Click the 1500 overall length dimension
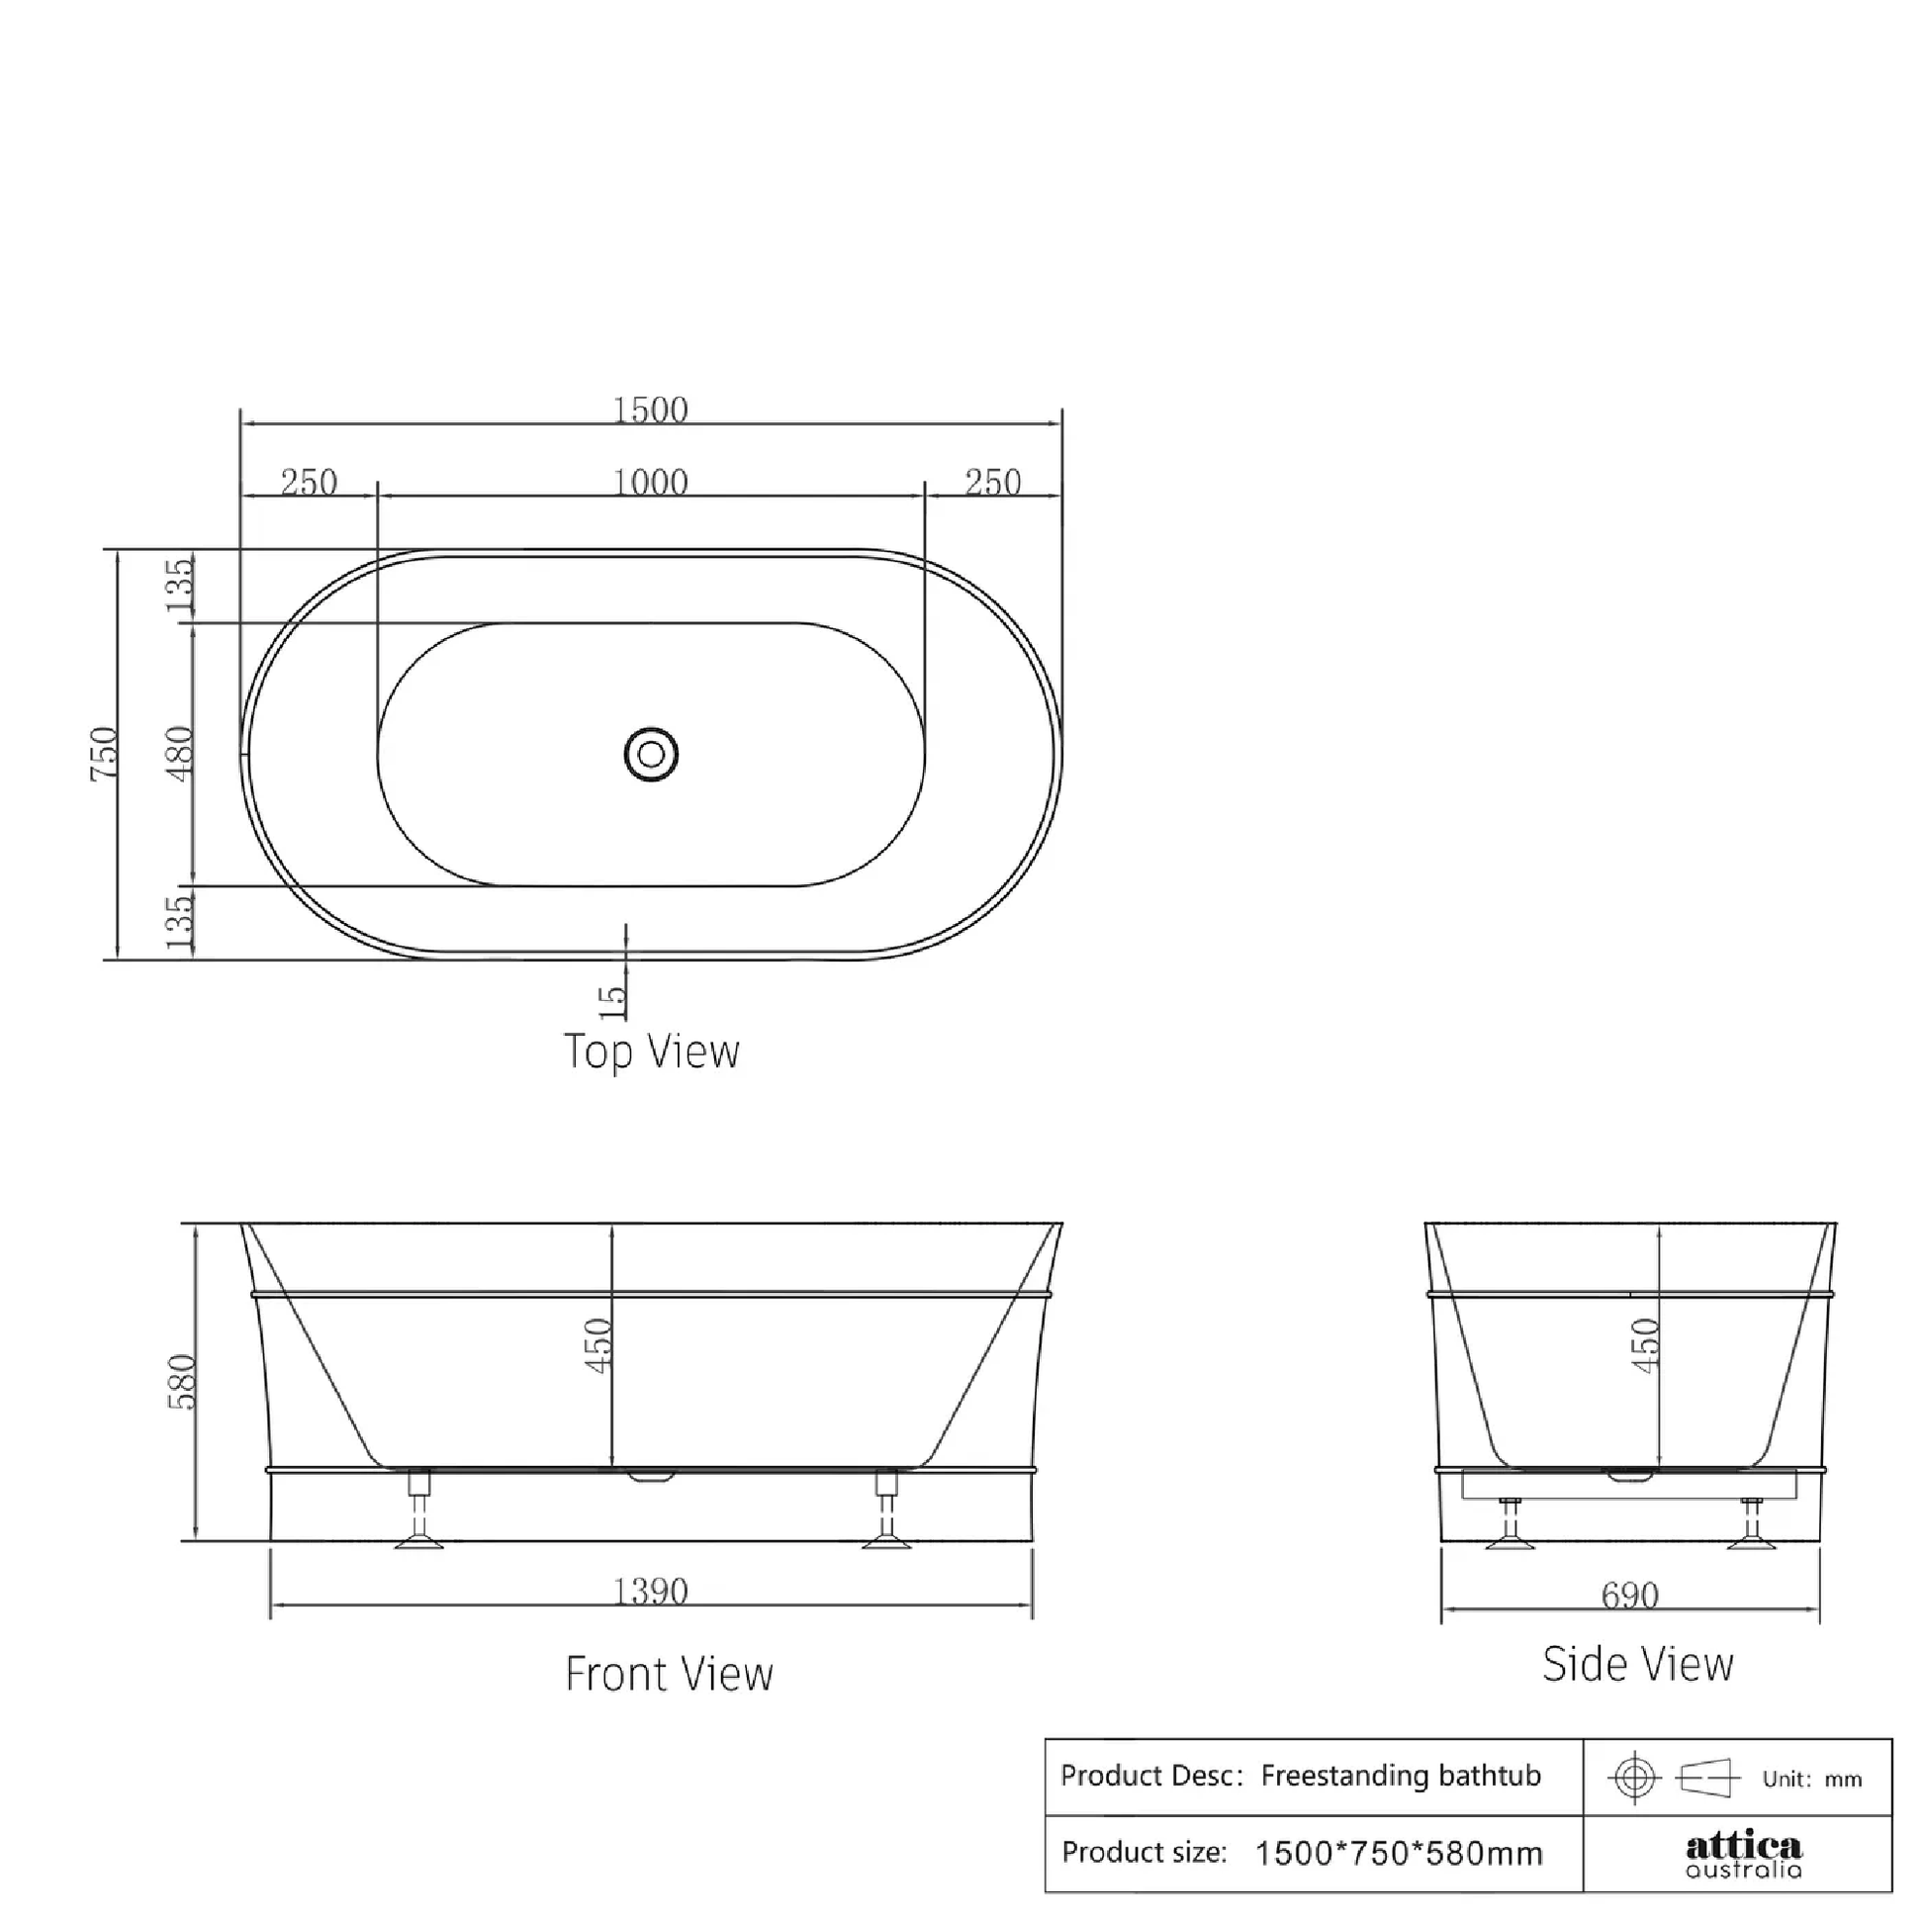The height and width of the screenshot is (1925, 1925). tap(650, 411)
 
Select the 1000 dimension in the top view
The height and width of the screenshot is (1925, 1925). tap(650, 484)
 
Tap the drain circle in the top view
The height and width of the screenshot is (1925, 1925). tap(651, 754)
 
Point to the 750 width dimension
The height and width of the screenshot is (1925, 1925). tap(105, 753)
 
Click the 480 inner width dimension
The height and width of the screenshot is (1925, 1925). tap(180, 753)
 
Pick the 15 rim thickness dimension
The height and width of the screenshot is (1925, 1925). tap(612, 1000)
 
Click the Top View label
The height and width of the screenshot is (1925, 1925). tap(652, 1052)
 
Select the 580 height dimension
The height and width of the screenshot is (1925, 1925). tap(182, 1381)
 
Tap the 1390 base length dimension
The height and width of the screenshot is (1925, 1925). tap(650, 1592)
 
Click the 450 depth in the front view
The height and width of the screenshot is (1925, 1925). tap(597, 1345)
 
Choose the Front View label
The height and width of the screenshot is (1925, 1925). tap(669, 1674)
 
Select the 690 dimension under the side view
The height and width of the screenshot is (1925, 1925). tap(1630, 1596)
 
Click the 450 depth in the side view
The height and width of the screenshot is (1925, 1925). tap(1646, 1345)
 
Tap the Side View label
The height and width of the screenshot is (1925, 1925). tap(1638, 1664)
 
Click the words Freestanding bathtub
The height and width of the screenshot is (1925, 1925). tap(1400, 1776)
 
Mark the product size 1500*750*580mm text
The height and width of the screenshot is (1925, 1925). tap(1399, 1853)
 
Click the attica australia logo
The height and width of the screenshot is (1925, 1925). tap(1744, 1854)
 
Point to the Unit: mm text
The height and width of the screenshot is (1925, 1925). tap(1811, 1780)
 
